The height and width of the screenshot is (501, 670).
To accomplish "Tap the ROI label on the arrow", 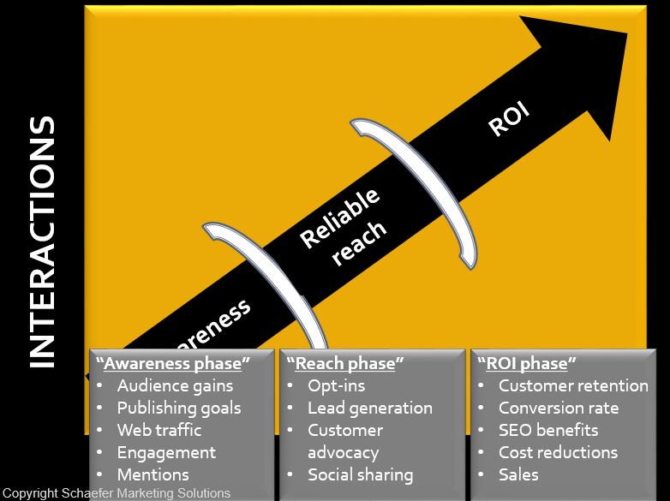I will tap(509, 120).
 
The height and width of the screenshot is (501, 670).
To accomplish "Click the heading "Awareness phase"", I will tap(172, 363).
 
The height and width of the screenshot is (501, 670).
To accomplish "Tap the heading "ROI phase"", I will tap(529, 363).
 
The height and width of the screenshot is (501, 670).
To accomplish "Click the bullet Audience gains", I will tap(175, 385).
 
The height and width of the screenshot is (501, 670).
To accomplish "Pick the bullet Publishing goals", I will tap(179, 408).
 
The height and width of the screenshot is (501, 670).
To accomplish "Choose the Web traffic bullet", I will tap(159, 430).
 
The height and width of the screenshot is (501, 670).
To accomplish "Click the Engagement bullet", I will tap(166, 452).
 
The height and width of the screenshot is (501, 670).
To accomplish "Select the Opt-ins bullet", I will tap(337, 385).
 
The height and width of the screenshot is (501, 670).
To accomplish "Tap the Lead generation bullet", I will tap(370, 408).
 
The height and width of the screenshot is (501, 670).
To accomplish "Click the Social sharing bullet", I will tap(361, 474).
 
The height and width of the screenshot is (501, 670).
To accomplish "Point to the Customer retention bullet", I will tap(573, 385).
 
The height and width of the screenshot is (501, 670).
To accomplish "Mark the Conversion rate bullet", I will tap(559, 408).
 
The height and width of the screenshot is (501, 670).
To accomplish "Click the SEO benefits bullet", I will tap(548, 430).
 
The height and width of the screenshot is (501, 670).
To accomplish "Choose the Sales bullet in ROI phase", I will tap(518, 474).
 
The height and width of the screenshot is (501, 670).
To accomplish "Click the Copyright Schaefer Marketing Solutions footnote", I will tap(116, 493).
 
